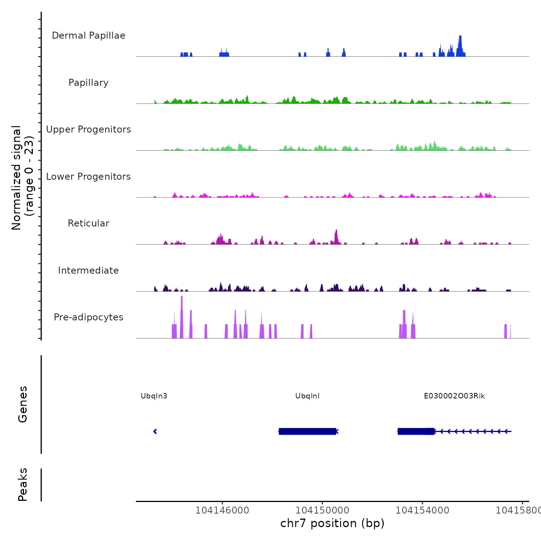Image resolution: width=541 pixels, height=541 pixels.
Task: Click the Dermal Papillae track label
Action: click(88, 36)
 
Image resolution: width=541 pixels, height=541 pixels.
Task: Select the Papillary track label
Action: click(88, 83)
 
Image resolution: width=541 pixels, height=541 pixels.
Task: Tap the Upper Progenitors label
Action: click(88, 129)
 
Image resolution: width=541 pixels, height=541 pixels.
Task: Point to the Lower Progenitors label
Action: click(88, 177)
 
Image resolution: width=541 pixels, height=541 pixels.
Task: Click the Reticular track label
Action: click(88, 223)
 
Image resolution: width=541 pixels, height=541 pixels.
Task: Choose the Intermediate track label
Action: click(88, 270)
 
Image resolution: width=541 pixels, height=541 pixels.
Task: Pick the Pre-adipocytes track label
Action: click(88, 317)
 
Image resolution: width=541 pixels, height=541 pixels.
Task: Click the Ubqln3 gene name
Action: click(154, 396)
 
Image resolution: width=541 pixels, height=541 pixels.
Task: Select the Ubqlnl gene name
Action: click(307, 396)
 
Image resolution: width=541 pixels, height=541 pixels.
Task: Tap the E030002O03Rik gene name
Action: click(454, 396)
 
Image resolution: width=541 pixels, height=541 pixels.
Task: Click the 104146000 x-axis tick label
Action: click(222, 510)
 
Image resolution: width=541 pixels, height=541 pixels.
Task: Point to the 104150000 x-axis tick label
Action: click(322, 510)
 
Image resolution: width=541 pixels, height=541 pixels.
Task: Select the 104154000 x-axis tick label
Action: click(422, 510)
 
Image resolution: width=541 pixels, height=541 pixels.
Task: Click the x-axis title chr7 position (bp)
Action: click(332, 523)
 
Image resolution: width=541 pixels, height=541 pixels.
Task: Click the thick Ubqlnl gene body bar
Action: click(307, 431)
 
